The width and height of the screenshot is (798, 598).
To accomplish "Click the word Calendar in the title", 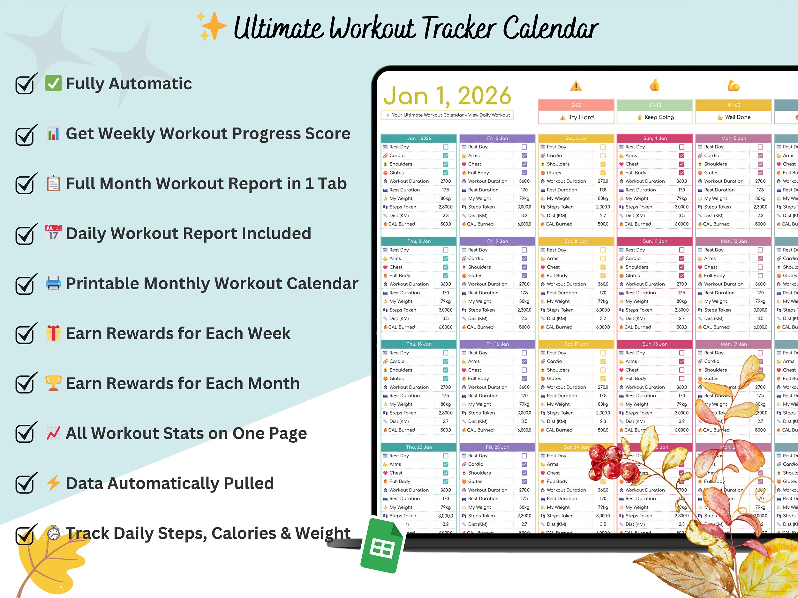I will pyautogui.click(x=551, y=28).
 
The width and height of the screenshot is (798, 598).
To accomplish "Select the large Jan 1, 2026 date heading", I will pyautogui.click(x=447, y=96).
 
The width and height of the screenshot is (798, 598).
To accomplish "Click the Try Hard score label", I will pyautogui.click(x=576, y=117).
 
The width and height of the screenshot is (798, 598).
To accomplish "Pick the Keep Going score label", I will pyautogui.click(x=655, y=117).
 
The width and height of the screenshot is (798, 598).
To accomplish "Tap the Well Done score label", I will pyautogui.click(x=734, y=117).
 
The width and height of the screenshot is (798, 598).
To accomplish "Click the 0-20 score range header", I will pyautogui.click(x=576, y=105).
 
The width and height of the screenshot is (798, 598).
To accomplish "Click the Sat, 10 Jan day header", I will pyautogui.click(x=576, y=241).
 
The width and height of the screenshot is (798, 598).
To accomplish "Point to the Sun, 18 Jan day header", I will pyautogui.click(x=655, y=344).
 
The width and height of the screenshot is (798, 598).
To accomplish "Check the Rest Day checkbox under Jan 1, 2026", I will pyautogui.click(x=446, y=147).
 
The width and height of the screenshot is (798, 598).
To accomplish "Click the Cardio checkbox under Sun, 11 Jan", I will pyautogui.click(x=681, y=258).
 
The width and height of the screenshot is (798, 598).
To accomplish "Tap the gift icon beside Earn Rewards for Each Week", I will pyautogui.click(x=53, y=333).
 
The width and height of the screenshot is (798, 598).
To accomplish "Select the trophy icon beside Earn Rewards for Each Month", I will pyautogui.click(x=53, y=383).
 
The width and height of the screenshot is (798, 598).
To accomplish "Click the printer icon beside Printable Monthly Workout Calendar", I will pyautogui.click(x=53, y=283).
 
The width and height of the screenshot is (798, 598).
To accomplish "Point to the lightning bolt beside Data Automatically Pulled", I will pyautogui.click(x=53, y=483).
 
